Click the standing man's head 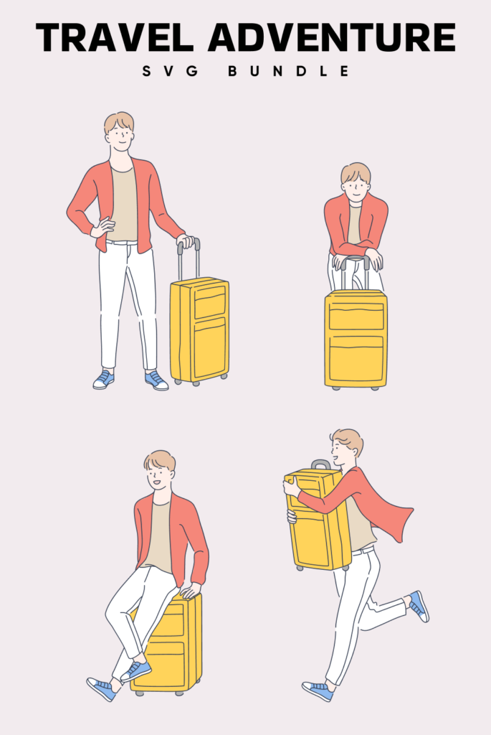(x=119, y=132)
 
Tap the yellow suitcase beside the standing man (x=199, y=330)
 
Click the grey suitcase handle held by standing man (x=189, y=258)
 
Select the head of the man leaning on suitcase (x=356, y=182)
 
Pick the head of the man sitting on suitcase (x=159, y=470)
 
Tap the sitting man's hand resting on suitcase (x=189, y=591)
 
